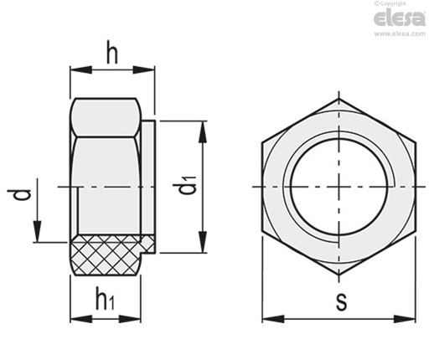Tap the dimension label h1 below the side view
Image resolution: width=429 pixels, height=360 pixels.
coord(105,300)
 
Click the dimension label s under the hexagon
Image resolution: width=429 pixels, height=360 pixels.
coord(341,301)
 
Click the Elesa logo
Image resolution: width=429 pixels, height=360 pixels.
coord(400,18)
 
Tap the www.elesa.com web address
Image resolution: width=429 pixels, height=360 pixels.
coord(400,33)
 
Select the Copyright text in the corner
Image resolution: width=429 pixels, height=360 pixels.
coord(390,3)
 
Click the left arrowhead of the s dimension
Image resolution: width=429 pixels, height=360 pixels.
coord(273,319)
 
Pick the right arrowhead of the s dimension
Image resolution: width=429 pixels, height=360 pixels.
coord(405,319)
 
